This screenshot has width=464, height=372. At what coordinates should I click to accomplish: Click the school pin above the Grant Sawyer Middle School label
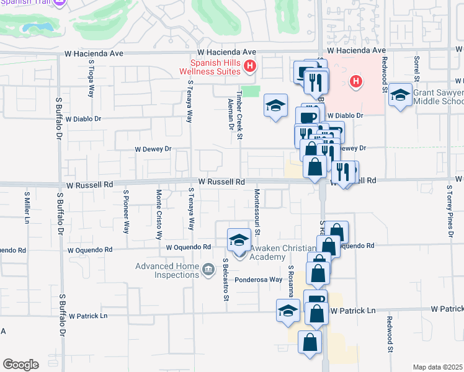tap(401, 94)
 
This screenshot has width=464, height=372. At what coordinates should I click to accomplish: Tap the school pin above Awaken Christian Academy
tap(239, 239)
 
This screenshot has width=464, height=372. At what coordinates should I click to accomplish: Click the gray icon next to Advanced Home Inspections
tap(208, 269)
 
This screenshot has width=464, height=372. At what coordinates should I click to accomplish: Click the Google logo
tap(20, 364)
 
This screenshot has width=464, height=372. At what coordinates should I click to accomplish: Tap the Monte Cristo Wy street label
tap(158, 215)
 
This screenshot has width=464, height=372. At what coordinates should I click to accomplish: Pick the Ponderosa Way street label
tap(258, 280)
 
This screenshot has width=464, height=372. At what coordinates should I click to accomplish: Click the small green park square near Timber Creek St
tap(250, 91)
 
